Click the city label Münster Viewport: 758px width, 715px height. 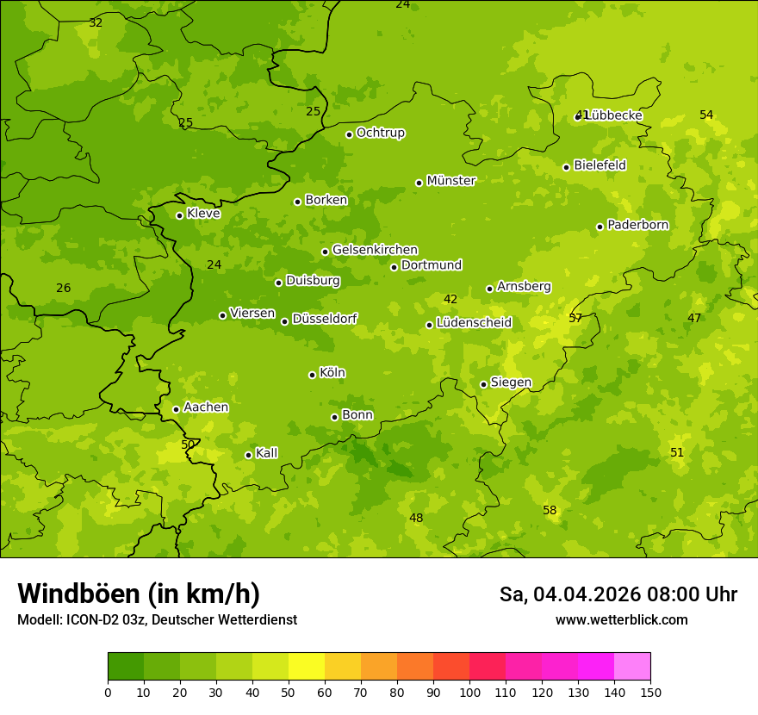[451, 181]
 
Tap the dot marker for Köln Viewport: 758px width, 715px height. [312, 375]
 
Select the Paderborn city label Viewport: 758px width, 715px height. [637, 225]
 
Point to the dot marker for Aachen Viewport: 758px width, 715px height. [176, 409]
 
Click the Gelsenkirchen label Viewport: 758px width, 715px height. [375, 250]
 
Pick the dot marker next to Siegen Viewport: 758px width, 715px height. [483, 384]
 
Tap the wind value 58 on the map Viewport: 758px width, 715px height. [550, 511]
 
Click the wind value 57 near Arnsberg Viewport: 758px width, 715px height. [575, 318]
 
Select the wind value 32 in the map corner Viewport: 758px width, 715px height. [96, 23]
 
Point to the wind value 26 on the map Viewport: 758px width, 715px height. [64, 288]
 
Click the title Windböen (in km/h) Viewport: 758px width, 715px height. [139, 594]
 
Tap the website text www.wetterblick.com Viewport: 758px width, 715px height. [621, 619]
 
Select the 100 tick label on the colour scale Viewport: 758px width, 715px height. [469, 692]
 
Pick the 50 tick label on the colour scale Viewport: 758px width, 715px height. [289, 692]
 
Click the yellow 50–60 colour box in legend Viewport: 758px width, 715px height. [307, 667]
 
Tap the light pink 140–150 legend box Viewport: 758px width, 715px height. [632, 667]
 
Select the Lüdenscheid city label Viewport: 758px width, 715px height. [474, 323]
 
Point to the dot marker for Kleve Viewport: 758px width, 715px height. [179, 215]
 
